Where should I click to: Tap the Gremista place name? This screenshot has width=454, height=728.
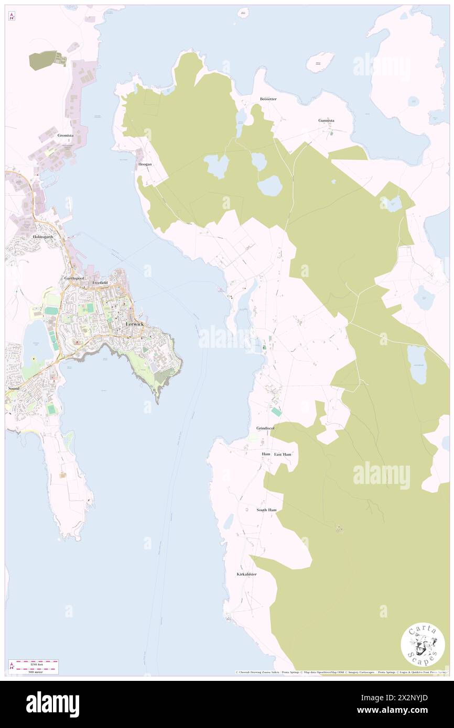click(66, 135)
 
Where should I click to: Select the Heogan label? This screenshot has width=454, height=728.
click(145, 164)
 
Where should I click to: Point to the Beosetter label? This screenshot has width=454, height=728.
click(268, 99)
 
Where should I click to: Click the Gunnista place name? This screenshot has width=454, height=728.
click(326, 120)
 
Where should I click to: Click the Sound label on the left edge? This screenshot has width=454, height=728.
click(14, 389)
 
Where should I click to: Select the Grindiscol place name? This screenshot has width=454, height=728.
click(265, 428)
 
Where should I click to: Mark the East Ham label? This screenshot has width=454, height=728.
click(283, 454)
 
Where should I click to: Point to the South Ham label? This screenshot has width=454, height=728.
click(266, 510)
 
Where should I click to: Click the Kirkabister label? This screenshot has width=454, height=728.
click(246, 574)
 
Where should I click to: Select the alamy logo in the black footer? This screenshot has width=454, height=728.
click(52, 704)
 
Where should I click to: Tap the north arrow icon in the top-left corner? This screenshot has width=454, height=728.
click(12, 16)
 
